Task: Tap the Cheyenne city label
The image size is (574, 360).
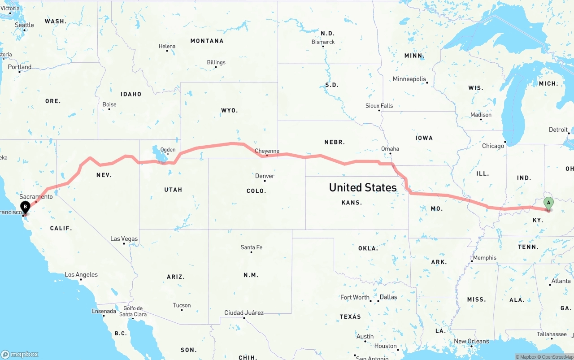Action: [267, 151]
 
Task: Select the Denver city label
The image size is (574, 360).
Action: [265, 176]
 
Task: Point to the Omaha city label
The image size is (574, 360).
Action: [390, 149]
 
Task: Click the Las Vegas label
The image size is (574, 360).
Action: [124, 239]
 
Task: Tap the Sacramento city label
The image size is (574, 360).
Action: [36, 197]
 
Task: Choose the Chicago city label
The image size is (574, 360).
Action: [493, 146]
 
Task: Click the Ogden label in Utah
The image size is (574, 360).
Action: [168, 150]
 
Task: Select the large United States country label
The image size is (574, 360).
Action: [363, 187]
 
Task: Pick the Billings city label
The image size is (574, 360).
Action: [216, 62]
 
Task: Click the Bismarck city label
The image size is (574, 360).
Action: [323, 42]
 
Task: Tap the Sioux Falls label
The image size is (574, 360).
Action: [379, 106]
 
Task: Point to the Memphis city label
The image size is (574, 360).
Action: [485, 258]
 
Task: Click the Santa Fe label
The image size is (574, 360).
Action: [251, 247]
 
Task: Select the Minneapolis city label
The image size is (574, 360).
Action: [409, 79]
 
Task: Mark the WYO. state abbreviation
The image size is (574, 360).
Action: [230, 110]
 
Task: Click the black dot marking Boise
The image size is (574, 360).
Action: [109, 109]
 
